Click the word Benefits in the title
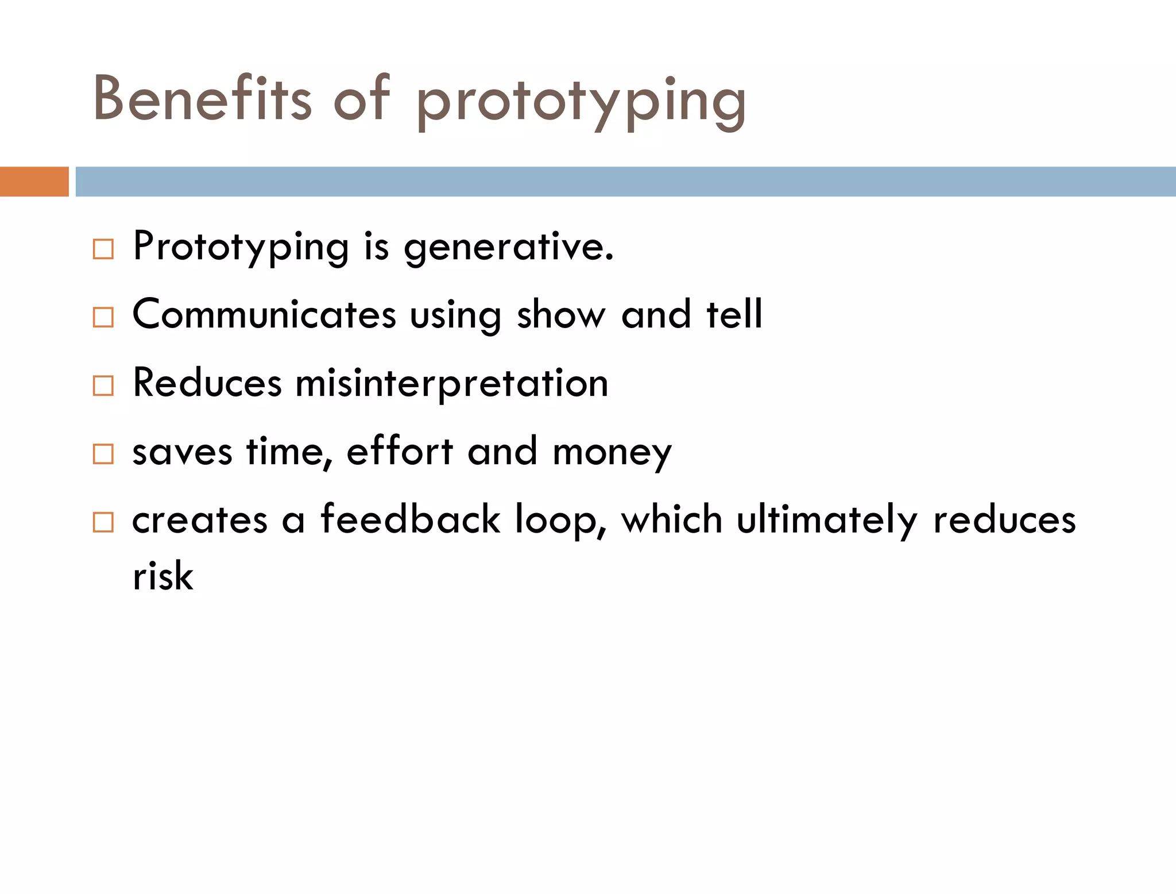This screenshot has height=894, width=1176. [202, 99]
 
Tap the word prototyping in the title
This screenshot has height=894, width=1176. [581, 102]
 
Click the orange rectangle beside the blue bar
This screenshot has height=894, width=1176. [34, 182]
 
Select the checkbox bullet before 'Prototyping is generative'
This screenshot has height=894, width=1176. [103, 249]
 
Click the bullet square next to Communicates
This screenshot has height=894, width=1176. [103, 317]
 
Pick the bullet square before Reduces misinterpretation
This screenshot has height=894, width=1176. [103, 386]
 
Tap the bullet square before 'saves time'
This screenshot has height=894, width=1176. [103, 454]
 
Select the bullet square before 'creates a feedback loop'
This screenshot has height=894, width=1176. [103, 522]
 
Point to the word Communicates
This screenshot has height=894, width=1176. [264, 315]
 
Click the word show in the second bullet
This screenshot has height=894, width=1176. [561, 315]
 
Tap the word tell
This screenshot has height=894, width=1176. [734, 315]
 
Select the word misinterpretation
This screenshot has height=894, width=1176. [451, 383]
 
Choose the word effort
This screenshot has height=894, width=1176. [400, 452]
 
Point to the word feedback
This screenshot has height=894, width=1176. [410, 519]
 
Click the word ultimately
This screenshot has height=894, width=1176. [827, 519]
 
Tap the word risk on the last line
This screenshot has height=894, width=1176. [163, 576]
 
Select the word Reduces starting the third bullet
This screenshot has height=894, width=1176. [207, 383]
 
